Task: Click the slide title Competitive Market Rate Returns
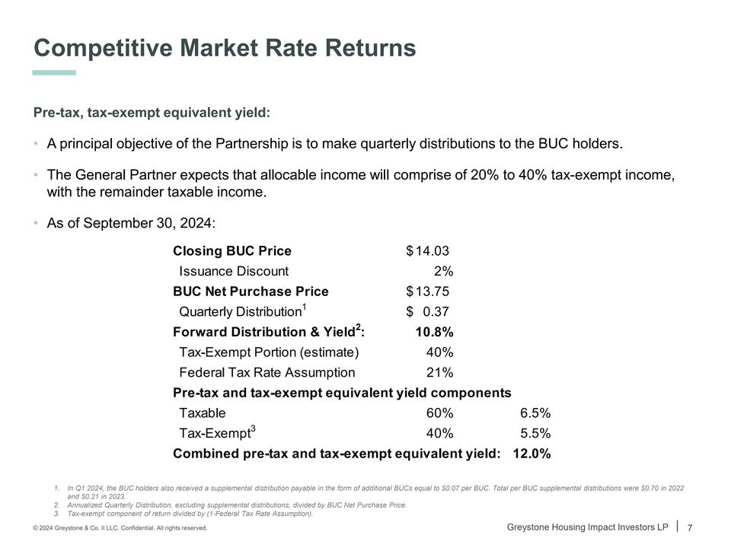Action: [225, 48]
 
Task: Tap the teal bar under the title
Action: [54, 73]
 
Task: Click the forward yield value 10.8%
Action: [434, 332]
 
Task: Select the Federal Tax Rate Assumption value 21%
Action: [439, 372]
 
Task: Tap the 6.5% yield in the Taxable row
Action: [535, 413]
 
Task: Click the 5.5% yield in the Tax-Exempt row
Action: [535, 433]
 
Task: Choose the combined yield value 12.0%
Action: [532, 454]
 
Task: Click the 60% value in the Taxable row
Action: [439, 413]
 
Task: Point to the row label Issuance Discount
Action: [234, 271]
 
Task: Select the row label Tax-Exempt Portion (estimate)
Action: [268, 352]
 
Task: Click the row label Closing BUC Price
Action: [232, 250]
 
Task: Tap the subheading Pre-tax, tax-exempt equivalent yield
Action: [152, 113]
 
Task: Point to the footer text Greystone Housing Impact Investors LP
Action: [592, 527]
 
